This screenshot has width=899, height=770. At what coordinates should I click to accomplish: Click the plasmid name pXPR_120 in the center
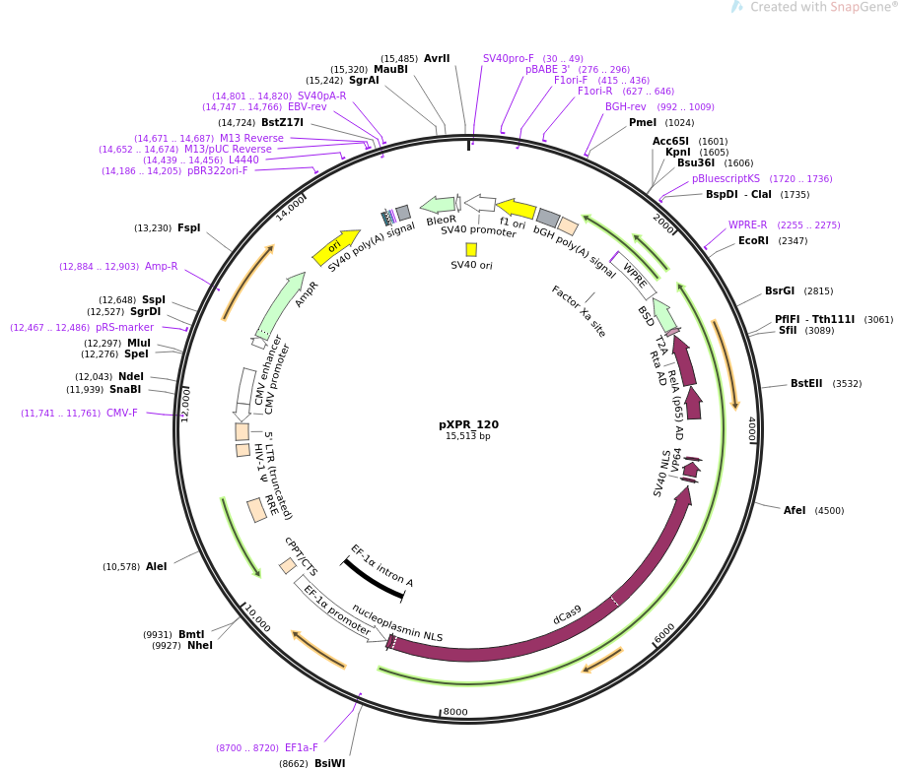468,424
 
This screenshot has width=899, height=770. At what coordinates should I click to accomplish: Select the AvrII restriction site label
437,58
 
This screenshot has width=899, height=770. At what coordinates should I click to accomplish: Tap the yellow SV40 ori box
471,249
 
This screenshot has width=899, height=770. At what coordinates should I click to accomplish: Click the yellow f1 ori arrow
516,209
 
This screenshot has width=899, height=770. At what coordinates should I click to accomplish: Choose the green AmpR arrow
280,305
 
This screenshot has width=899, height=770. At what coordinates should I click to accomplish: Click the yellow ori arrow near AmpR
336,247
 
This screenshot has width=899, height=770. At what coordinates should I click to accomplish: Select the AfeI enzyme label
795,510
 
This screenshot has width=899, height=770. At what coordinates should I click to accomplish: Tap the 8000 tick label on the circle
455,712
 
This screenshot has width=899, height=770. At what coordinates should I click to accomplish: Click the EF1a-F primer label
301,747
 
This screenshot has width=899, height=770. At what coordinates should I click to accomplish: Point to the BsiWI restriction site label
330,763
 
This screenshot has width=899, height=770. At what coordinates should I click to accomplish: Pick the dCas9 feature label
567,614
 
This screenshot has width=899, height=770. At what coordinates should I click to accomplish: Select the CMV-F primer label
122,414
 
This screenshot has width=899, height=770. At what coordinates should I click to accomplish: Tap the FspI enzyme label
189,228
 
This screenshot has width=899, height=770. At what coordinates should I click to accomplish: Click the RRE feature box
257,510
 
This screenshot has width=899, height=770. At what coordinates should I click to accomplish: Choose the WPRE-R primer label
747,225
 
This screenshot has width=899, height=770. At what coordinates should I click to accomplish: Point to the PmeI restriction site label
643,123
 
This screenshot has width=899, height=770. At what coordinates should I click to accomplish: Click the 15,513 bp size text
468,436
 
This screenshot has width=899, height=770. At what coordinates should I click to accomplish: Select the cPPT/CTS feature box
288,566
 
